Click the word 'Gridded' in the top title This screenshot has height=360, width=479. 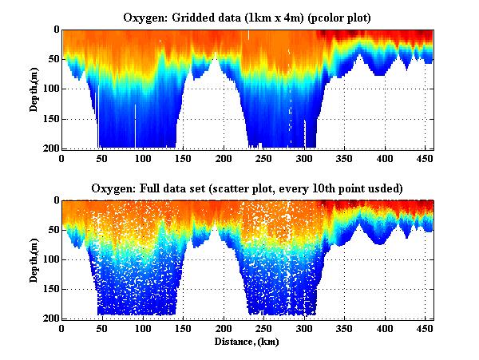pos(194,16)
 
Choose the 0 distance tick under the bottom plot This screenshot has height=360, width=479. pos(62,329)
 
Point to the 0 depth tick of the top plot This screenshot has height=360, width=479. pos(54,30)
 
